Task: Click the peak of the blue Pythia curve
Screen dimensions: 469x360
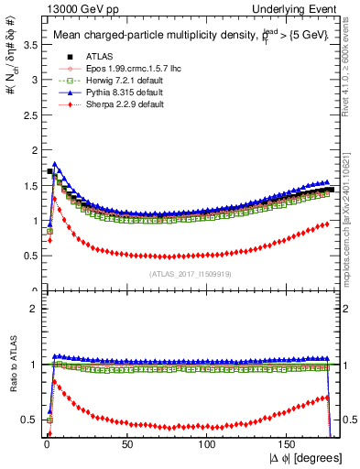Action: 56,165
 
